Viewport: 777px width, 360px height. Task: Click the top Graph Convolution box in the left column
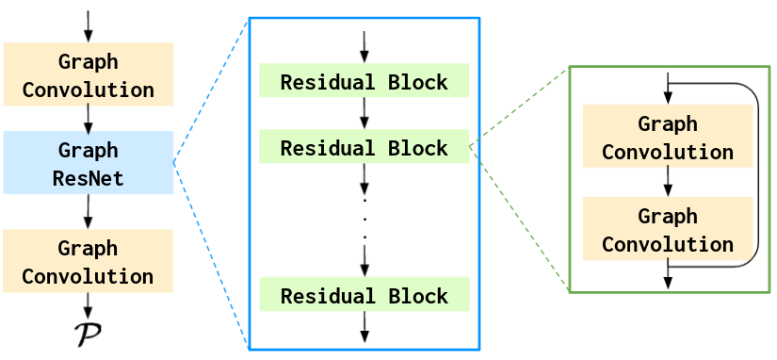pyautogui.click(x=88, y=74)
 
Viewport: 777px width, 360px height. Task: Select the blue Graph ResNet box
pyautogui.click(x=88, y=163)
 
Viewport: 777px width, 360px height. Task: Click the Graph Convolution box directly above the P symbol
pyautogui.click(x=88, y=261)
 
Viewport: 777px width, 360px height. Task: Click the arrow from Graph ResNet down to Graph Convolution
pyautogui.click(x=88, y=211)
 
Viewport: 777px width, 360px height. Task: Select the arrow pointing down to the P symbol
pyautogui.click(x=88, y=305)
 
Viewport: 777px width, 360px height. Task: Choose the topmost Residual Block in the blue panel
pyautogui.click(x=364, y=81)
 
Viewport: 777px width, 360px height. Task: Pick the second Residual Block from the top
pyautogui.click(x=364, y=147)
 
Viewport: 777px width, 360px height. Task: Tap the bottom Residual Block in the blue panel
pyautogui.click(x=364, y=295)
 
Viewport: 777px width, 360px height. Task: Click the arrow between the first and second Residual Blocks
pyautogui.click(x=364, y=113)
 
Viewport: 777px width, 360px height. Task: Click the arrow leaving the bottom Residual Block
pyautogui.click(x=364, y=327)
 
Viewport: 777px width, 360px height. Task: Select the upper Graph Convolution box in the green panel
pyautogui.click(x=668, y=137)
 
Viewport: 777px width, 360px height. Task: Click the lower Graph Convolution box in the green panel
pyautogui.click(x=668, y=229)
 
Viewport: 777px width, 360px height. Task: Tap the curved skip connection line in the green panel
pyautogui.click(x=757, y=174)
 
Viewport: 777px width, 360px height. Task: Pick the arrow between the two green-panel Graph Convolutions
pyautogui.click(x=668, y=182)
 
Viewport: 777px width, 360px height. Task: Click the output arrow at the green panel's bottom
pyautogui.click(x=668, y=276)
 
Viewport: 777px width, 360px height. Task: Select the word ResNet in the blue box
pyautogui.click(x=88, y=177)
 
